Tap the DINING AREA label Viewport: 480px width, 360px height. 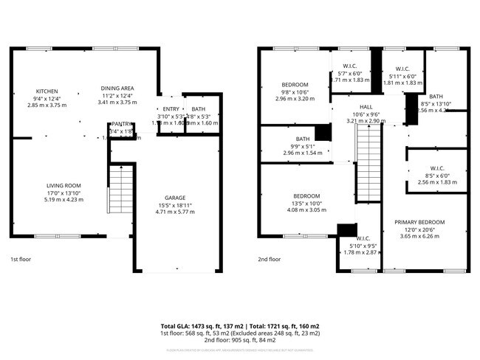pyautogui.click(x=117, y=88)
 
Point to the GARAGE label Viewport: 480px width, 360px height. pyautogui.click(x=174, y=198)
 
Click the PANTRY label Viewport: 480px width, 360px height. pyautogui.click(x=123, y=124)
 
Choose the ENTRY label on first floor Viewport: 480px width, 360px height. pyautogui.click(x=171, y=108)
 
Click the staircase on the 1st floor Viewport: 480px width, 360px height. pyautogui.click(x=120, y=190)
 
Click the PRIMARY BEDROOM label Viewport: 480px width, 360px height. pyautogui.click(x=419, y=222)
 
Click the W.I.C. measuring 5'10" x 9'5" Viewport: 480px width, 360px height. pyautogui.click(x=362, y=246)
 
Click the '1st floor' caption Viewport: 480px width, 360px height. pyautogui.click(x=21, y=259)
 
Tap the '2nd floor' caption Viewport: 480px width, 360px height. pyautogui.click(x=269, y=259)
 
